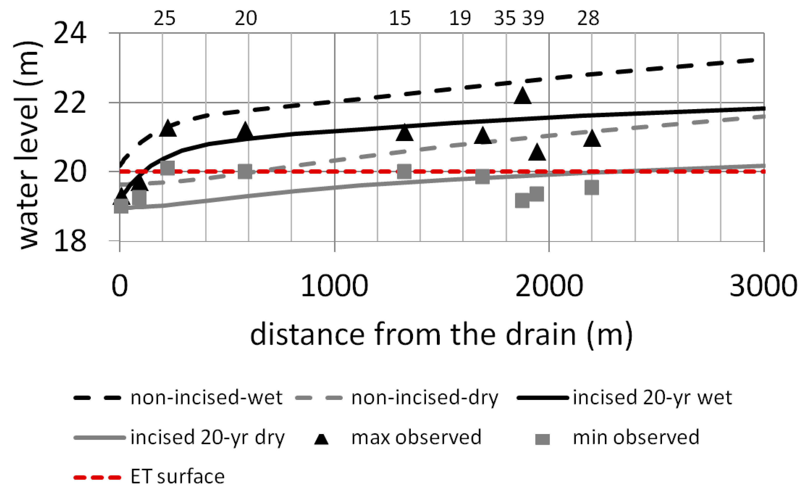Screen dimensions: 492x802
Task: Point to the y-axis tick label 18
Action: [70, 241]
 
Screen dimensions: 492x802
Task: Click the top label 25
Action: [164, 18]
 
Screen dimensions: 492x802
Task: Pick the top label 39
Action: [533, 18]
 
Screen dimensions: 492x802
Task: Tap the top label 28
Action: [588, 18]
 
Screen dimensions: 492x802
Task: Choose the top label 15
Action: [400, 18]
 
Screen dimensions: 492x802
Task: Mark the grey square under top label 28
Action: [592, 188]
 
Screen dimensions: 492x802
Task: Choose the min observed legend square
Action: [543, 439]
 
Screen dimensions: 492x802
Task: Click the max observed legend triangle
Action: [322, 439]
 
